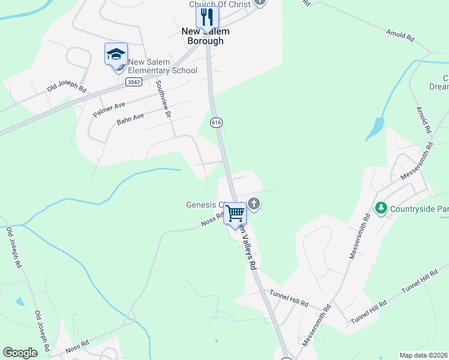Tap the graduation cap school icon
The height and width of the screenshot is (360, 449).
point(116,55)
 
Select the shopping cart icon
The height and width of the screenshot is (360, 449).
point(235,213)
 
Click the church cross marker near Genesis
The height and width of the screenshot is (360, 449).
point(254,204)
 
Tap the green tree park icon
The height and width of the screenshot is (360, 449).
point(380,208)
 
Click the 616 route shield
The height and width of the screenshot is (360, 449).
point(216,122)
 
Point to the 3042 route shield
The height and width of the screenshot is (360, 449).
point(134,82)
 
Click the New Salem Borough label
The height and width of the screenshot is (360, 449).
point(203,37)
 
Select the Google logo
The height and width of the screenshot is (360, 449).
point(20,353)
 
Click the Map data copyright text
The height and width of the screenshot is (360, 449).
point(423,355)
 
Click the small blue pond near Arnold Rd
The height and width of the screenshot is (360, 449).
point(376,128)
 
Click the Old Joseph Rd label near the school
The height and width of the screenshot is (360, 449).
point(67,85)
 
